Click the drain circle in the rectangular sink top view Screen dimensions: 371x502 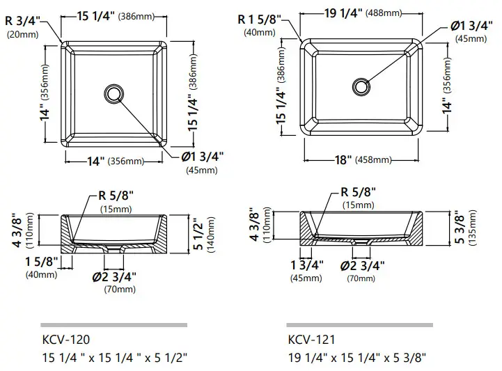coord(361,86)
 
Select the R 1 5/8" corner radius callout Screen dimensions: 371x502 coord(258,19)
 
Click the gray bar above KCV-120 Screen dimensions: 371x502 coord(113,324)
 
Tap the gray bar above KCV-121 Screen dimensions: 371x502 coord(359,324)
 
